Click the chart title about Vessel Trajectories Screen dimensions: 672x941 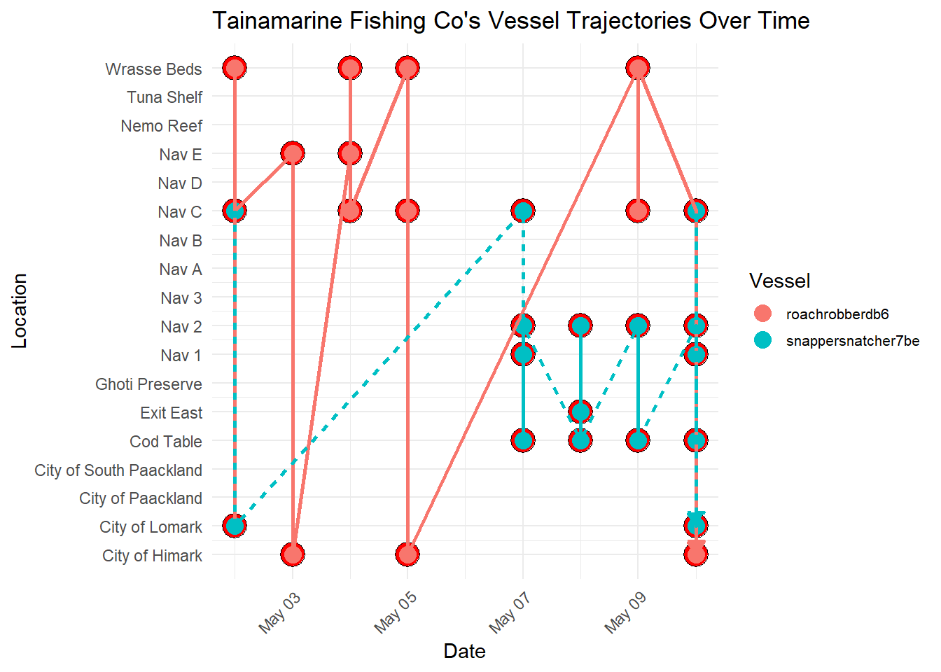click(510, 21)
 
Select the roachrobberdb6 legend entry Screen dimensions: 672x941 click(837, 314)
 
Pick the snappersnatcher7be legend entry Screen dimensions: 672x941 click(852, 341)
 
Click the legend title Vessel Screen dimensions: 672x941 click(779, 281)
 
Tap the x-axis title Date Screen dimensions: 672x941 click(464, 651)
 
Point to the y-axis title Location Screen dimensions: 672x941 click(20, 311)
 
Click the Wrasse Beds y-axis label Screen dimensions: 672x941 click(153, 69)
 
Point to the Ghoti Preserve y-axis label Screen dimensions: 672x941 click(148, 384)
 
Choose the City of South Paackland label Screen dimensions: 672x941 click(118, 470)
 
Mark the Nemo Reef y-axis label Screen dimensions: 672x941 click(161, 126)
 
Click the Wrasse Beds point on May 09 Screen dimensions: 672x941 click(638, 68)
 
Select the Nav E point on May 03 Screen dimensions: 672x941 click(293, 153)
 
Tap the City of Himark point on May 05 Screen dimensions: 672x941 click(407, 554)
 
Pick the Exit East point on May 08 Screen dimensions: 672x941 click(580, 412)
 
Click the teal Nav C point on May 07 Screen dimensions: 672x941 click(523, 211)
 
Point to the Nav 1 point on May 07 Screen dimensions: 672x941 click(523, 354)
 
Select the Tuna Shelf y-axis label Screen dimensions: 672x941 click(165, 97)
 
